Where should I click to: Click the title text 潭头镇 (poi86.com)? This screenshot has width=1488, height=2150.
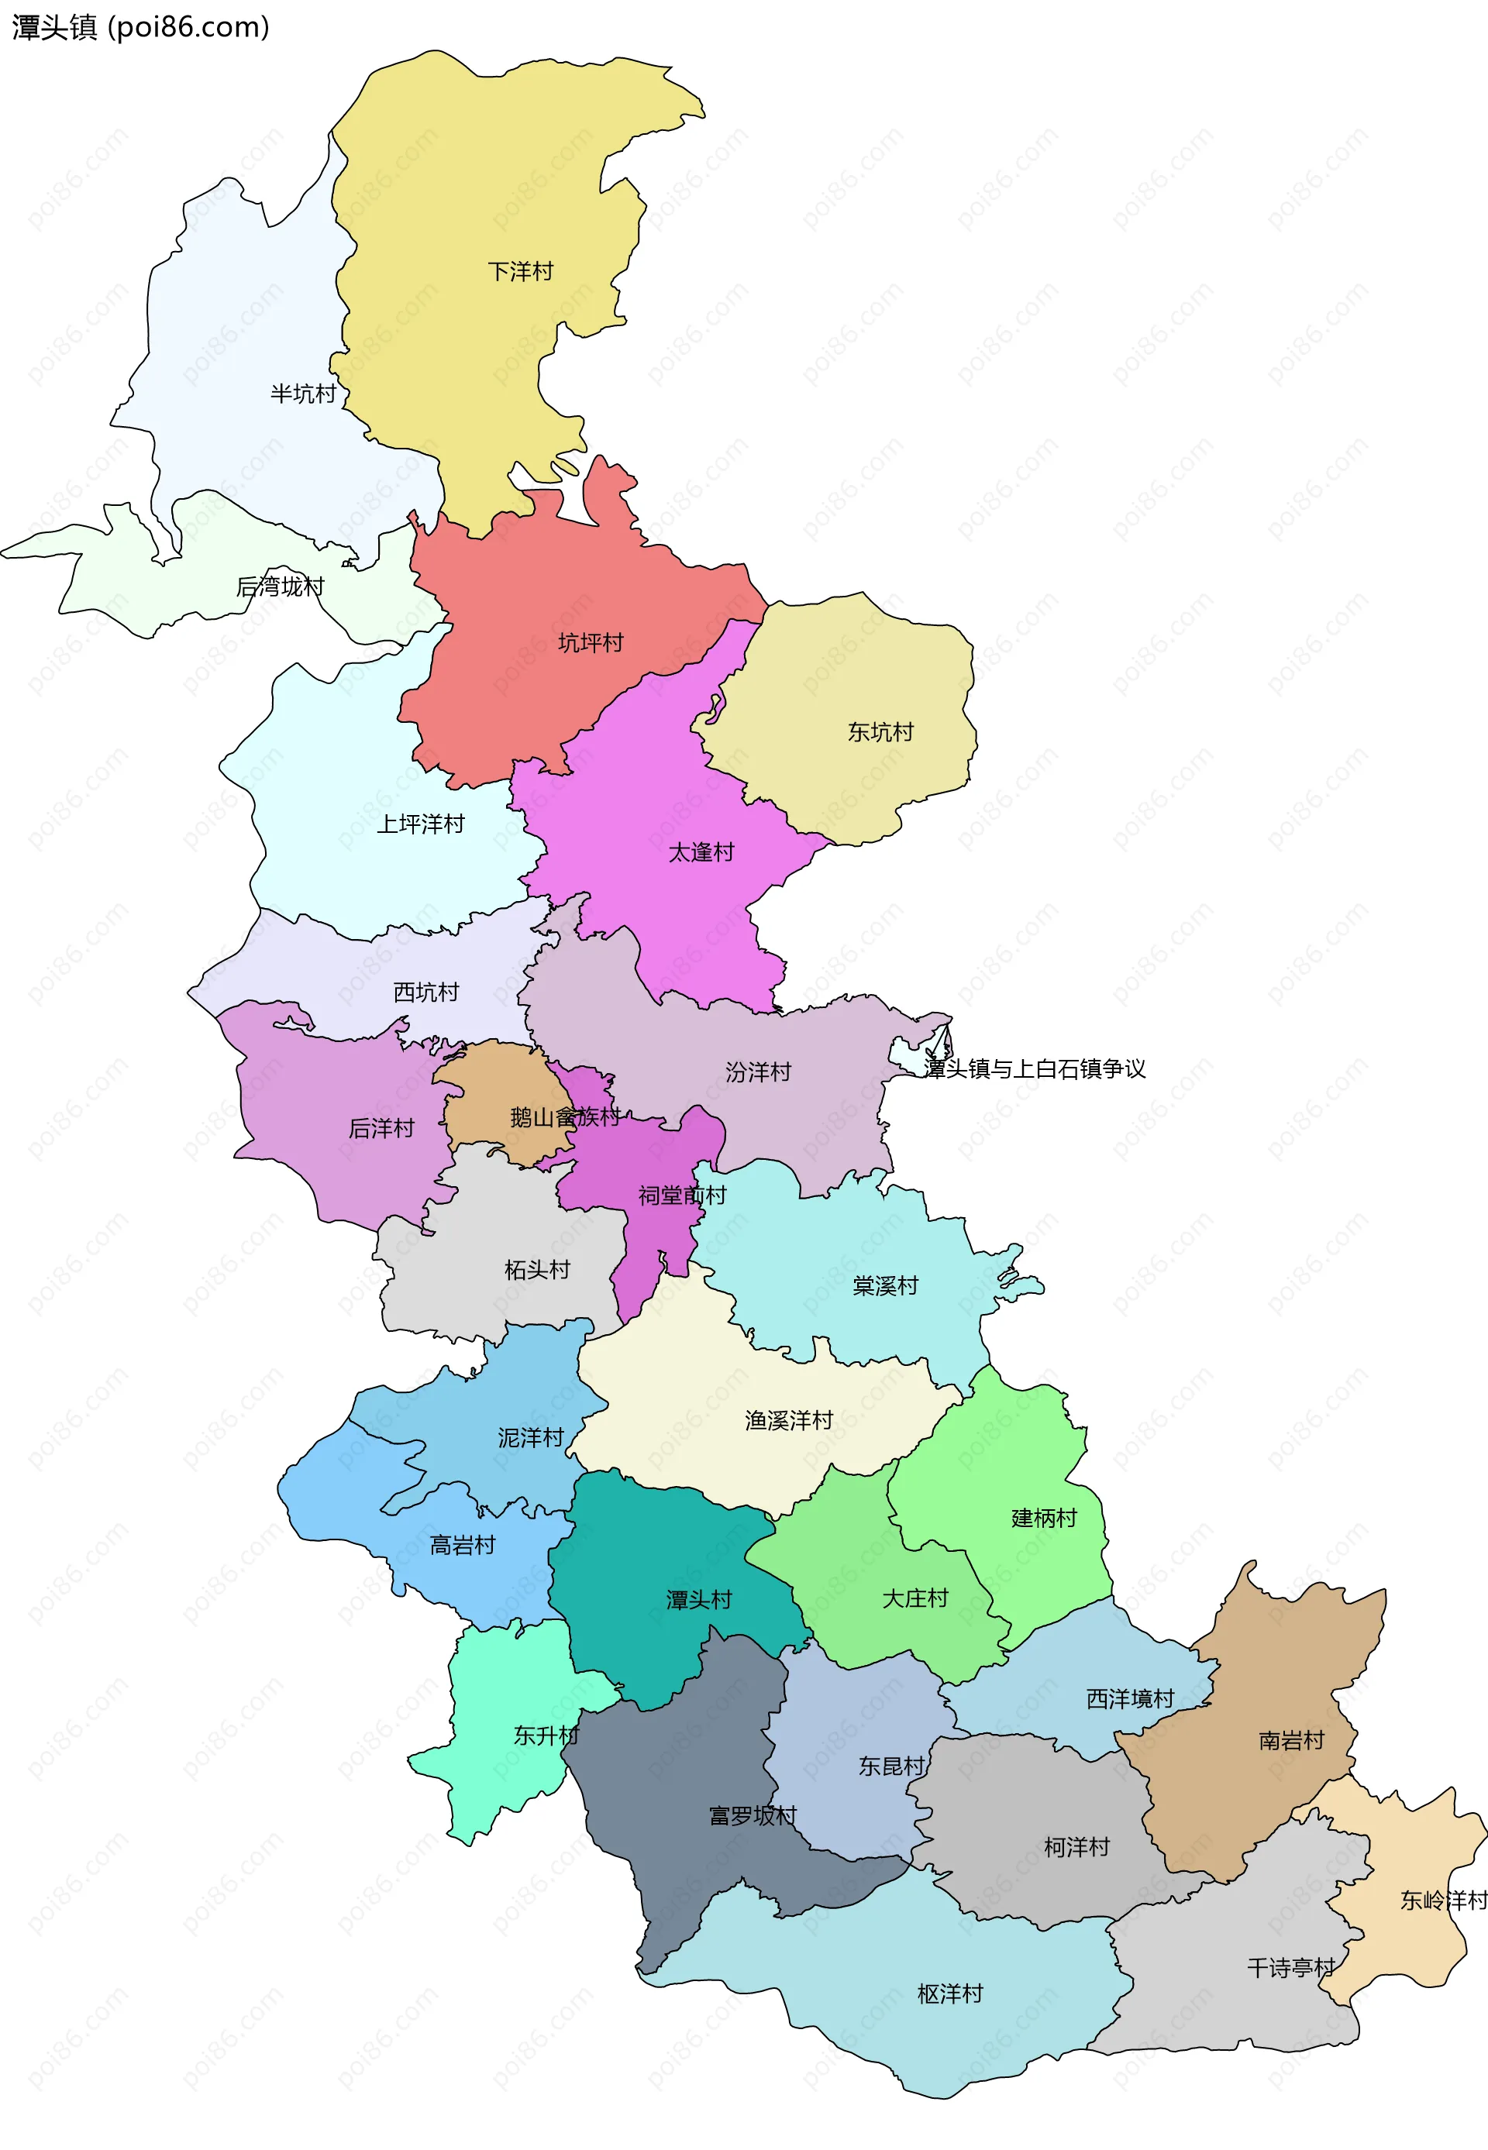[x=139, y=27]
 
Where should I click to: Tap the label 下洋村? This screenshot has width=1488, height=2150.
[x=520, y=271]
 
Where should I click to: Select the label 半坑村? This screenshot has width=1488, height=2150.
[x=303, y=394]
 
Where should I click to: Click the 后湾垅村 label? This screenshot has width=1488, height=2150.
[x=280, y=587]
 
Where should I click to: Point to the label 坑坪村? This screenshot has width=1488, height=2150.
[x=591, y=642]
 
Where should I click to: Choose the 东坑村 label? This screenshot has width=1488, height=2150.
[x=880, y=731]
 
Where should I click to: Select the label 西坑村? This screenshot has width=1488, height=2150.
[x=426, y=992]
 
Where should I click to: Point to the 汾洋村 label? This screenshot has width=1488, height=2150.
[x=758, y=1072]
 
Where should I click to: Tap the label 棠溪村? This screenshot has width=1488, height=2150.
[x=885, y=1286]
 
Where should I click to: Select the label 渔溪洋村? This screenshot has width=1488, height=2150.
[x=789, y=1420]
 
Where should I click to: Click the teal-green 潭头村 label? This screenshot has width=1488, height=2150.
[x=698, y=1600]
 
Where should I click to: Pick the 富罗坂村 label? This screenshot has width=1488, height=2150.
[x=753, y=1815]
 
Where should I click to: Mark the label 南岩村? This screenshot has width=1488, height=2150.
[x=1291, y=1740]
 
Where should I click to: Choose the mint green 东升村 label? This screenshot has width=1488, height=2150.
[x=546, y=1735]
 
